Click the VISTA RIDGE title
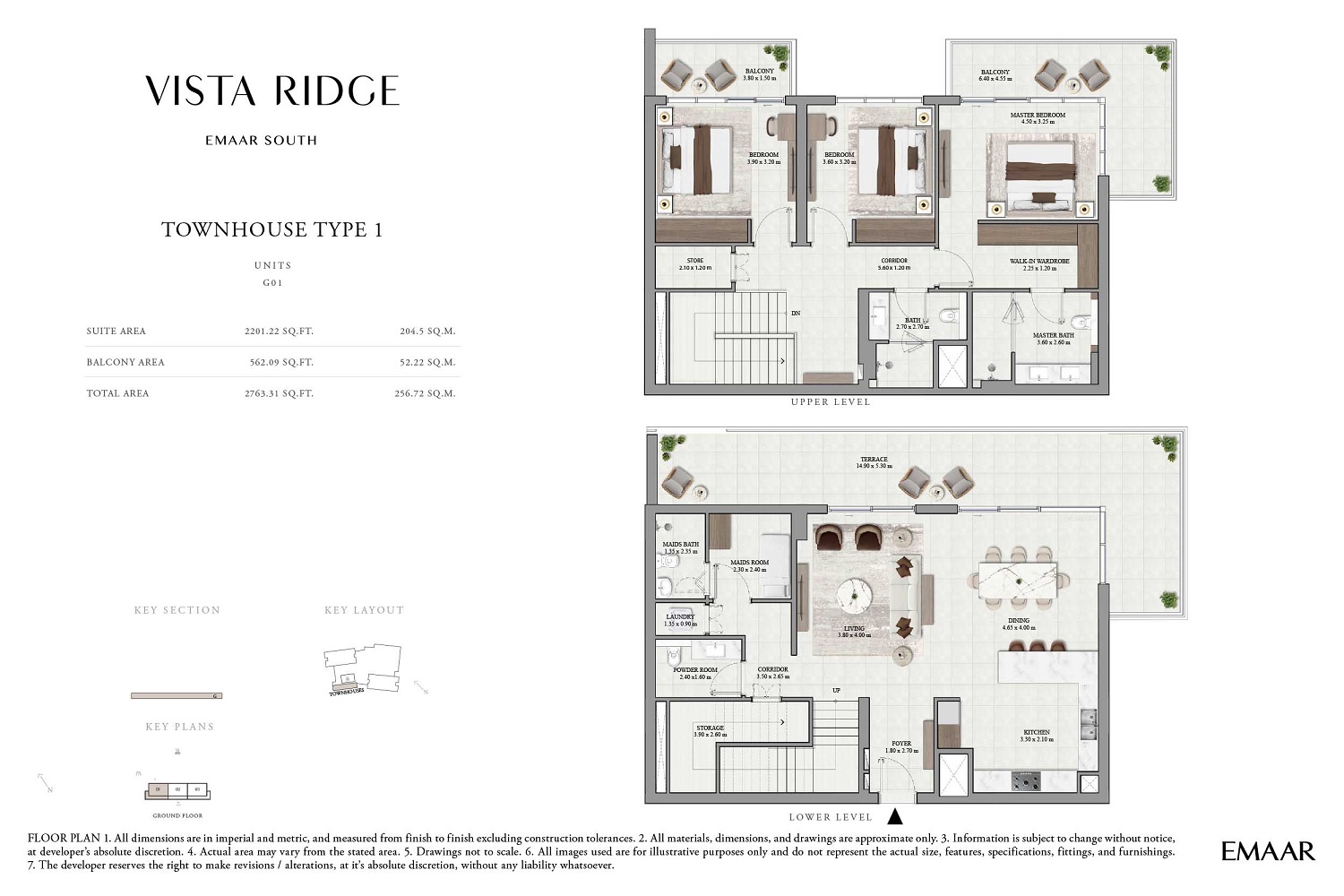[x=272, y=90]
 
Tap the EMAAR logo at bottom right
[x=1268, y=851]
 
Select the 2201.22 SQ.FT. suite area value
[x=279, y=332]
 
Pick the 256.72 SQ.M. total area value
[x=425, y=393]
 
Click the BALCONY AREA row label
[x=125, y=363]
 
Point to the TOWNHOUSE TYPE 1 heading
[x=272, y=230]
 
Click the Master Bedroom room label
[x=1038, y=118]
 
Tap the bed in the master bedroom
[x=1039, y=175]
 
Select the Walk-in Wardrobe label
[x=1039, y=264]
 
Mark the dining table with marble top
[x=1017, y=580]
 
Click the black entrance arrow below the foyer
[x=894, y=816]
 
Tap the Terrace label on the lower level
[x=874, y=462]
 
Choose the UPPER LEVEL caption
[x=831, y=402]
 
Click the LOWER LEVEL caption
[x=831, y=817]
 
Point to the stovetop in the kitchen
[x=1026, y=781]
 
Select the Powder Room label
[x=695, y=673]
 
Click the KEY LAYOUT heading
[x=364, y=610]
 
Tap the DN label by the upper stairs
[x=795, y=314]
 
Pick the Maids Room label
[x=749, y=565]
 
